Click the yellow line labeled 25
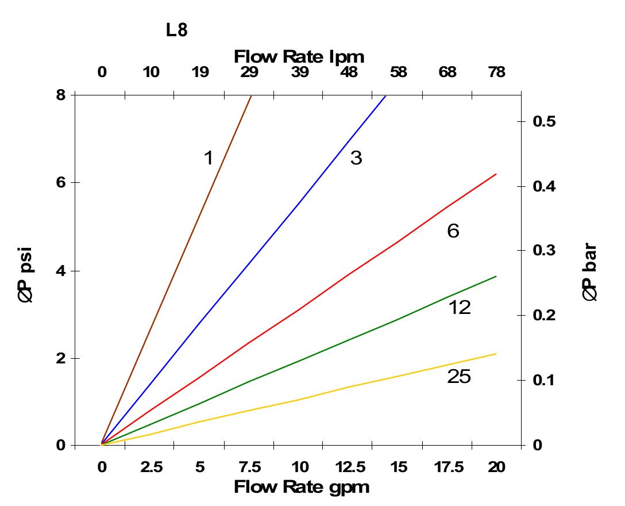click(299, 399)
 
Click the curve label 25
click(458, 377)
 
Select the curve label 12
click(460, 308)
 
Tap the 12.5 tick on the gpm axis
click(349, 467)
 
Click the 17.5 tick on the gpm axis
click(447, 467)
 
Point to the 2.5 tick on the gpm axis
click(151, 467)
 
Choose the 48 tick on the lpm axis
click(349, 73)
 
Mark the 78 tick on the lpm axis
click(496, 73)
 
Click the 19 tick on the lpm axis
click(200, 73)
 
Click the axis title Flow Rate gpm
click(301, 488)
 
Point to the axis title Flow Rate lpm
click(299, 57)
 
